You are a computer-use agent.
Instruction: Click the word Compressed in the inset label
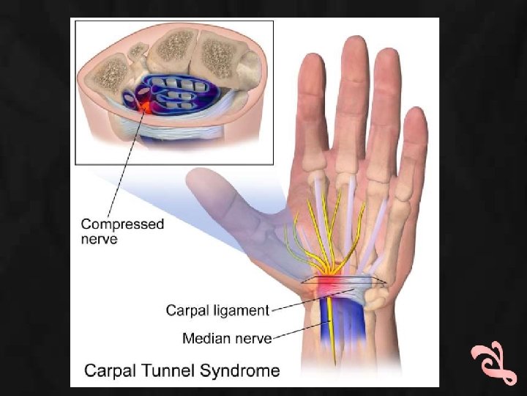click(122, 224)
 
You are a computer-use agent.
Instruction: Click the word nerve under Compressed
click(99, 239)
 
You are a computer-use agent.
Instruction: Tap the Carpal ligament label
click(218, 309)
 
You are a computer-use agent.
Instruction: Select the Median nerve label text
click(226, 338)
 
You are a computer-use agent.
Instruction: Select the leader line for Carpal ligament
click(307, 302)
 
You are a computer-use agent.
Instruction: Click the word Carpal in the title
click(110, 370)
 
